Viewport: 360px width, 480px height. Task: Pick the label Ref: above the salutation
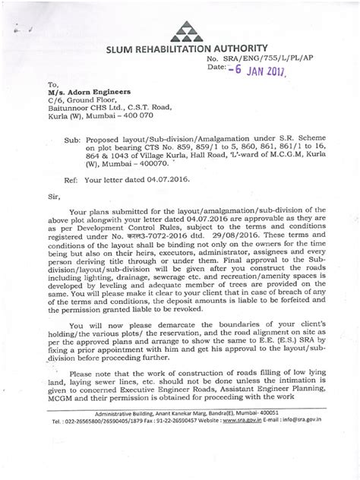[91, 183]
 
